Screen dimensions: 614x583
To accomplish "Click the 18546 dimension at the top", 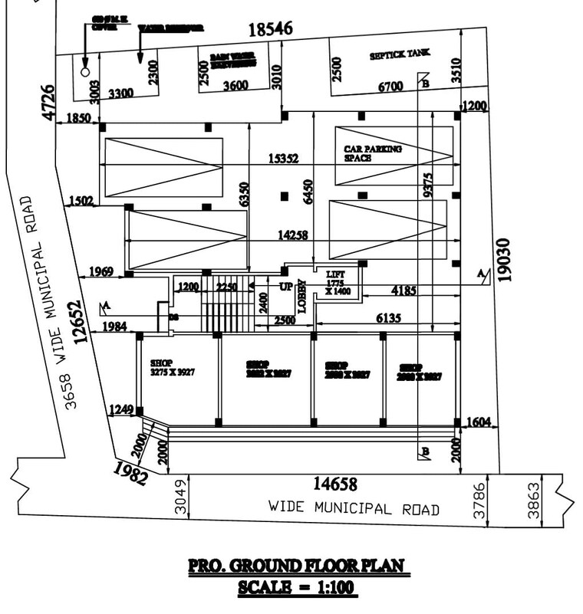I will (x=270, y=30).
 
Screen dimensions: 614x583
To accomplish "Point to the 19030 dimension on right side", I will (x=504, y=260).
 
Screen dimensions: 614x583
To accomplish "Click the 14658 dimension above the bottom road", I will (x=335, y=484).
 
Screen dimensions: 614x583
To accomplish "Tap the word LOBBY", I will (x=302, y=294).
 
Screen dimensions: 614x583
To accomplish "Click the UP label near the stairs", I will (x=285, y=286).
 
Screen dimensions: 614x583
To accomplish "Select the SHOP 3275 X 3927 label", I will (x=173, y=369).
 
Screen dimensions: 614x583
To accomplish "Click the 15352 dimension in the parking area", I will (x=283, y=159).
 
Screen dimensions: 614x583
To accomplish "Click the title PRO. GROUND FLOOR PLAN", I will (x=296, y=566).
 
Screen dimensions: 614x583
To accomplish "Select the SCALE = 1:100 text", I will (x=297, y=589).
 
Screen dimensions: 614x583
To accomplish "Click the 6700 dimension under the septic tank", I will (x=390, y=87).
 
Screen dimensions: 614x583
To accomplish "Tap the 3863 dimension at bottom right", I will (x=534, y=501).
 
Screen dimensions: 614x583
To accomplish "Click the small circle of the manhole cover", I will (x=84, y=71).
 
